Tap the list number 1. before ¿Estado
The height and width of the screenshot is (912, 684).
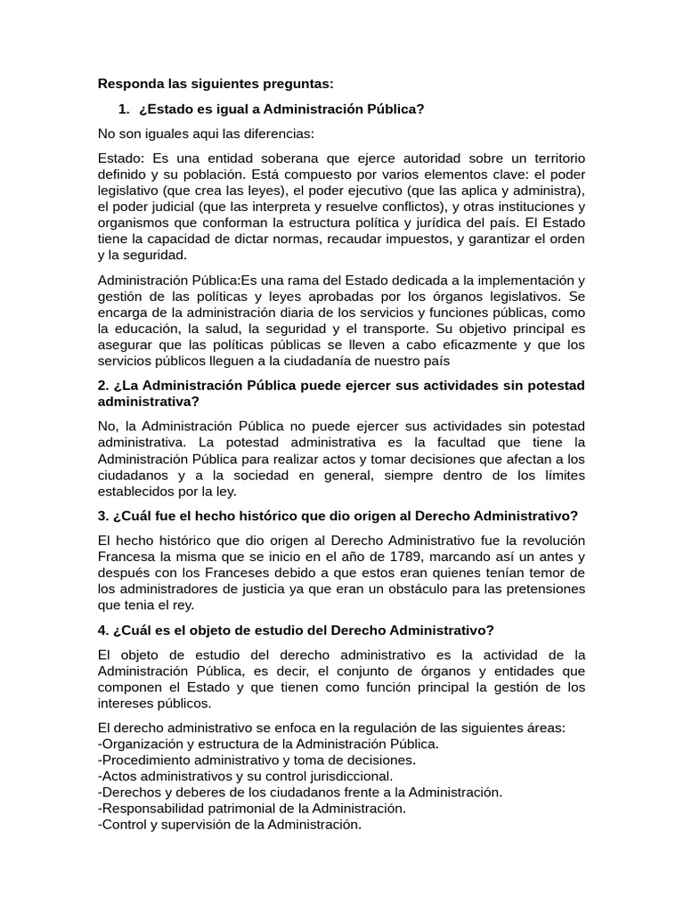(x=124, y=109)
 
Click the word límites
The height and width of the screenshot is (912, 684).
(x=562, y=475)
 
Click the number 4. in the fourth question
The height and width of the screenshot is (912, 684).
(x=104, y=630)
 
